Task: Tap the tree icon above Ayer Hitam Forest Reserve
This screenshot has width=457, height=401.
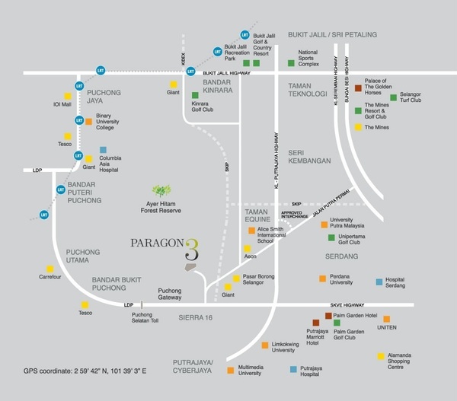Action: pyautogui.click(x=162, y=189)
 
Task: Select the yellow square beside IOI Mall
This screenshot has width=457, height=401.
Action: pyautogui.click(x=68, y=96)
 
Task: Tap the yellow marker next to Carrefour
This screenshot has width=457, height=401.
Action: pyautogui.click(x=50, y=268)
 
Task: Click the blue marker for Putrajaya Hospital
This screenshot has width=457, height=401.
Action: pyautogui.click(x=292, y=369)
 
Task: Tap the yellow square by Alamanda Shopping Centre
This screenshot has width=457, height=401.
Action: pyautogui.click(x=380, y=355)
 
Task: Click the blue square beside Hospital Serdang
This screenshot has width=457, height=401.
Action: pyautogui.click(x=379, y=278)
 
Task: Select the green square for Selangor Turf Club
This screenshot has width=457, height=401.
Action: pyautogui.click(x=393, y=97)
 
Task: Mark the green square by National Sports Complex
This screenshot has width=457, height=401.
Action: pyautogui.click(x=289, y=62)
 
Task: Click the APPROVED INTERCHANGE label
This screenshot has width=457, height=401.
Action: pyautogui.click(x=297, y=215)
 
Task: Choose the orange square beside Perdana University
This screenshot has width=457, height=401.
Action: pyautogui.click(x=322, y=278)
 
